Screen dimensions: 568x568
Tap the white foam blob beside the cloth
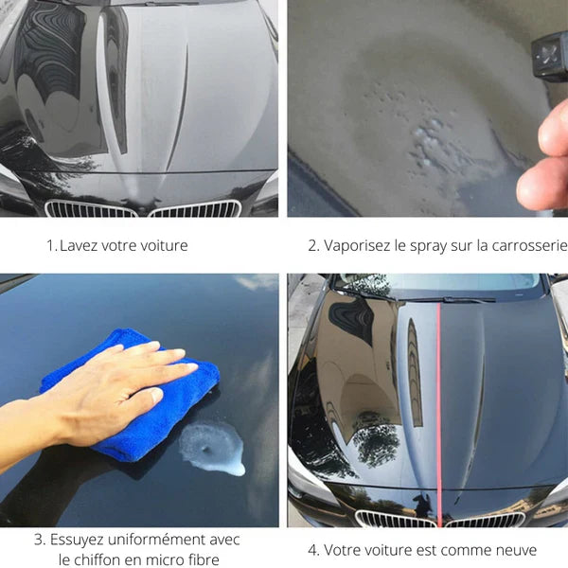coord(212,449)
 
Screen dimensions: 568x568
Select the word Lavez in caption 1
coord(79,245)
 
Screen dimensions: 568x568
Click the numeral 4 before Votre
coord(311,551)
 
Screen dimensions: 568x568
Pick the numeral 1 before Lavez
coord(50,246)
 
